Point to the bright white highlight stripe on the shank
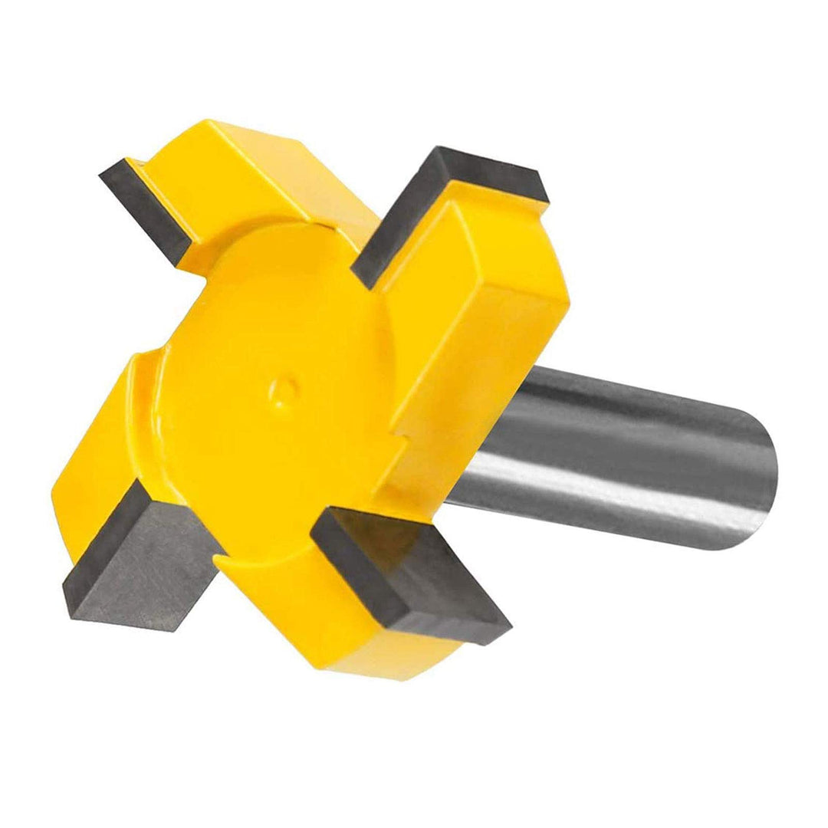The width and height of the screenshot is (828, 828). (613, 498)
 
